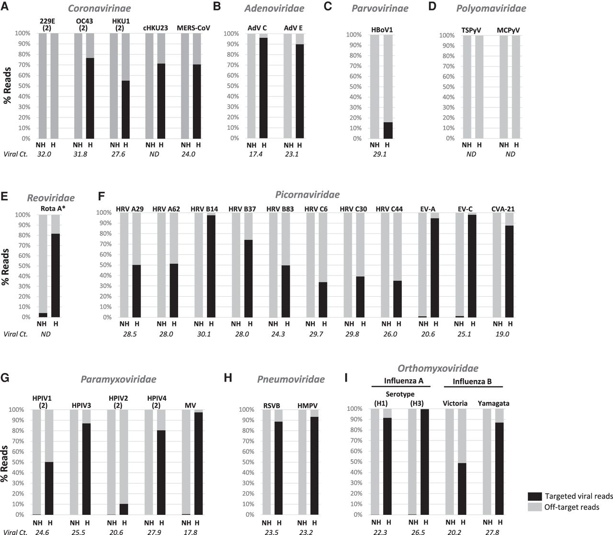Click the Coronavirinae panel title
(100, 8)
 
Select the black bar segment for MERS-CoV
(197, 101)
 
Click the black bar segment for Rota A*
(56, 274)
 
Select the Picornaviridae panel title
(307, 195)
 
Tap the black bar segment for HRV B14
(211, 266)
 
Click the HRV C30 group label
(353, 209)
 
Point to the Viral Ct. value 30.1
(204, 334)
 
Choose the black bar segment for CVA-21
(509, 271)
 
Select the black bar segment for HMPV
(315, 465)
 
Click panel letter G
(6, 379)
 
